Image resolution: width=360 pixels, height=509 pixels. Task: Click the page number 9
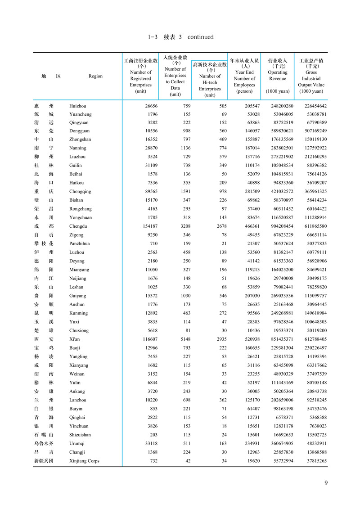click(x=326, y=483)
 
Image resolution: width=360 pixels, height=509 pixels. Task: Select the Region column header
click(x=95, y=77)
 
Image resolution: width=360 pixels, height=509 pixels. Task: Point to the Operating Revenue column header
click(x=278, y=76)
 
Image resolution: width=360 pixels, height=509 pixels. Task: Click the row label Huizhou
click(x=77, y=106)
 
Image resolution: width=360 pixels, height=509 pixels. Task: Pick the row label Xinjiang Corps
click(x=84, y=461)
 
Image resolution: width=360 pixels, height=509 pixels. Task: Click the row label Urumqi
click(x=77, y=443)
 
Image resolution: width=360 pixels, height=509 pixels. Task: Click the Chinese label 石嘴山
click(x=44, y=435)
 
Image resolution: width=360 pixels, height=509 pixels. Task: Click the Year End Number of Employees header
click(x=244, y=76)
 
